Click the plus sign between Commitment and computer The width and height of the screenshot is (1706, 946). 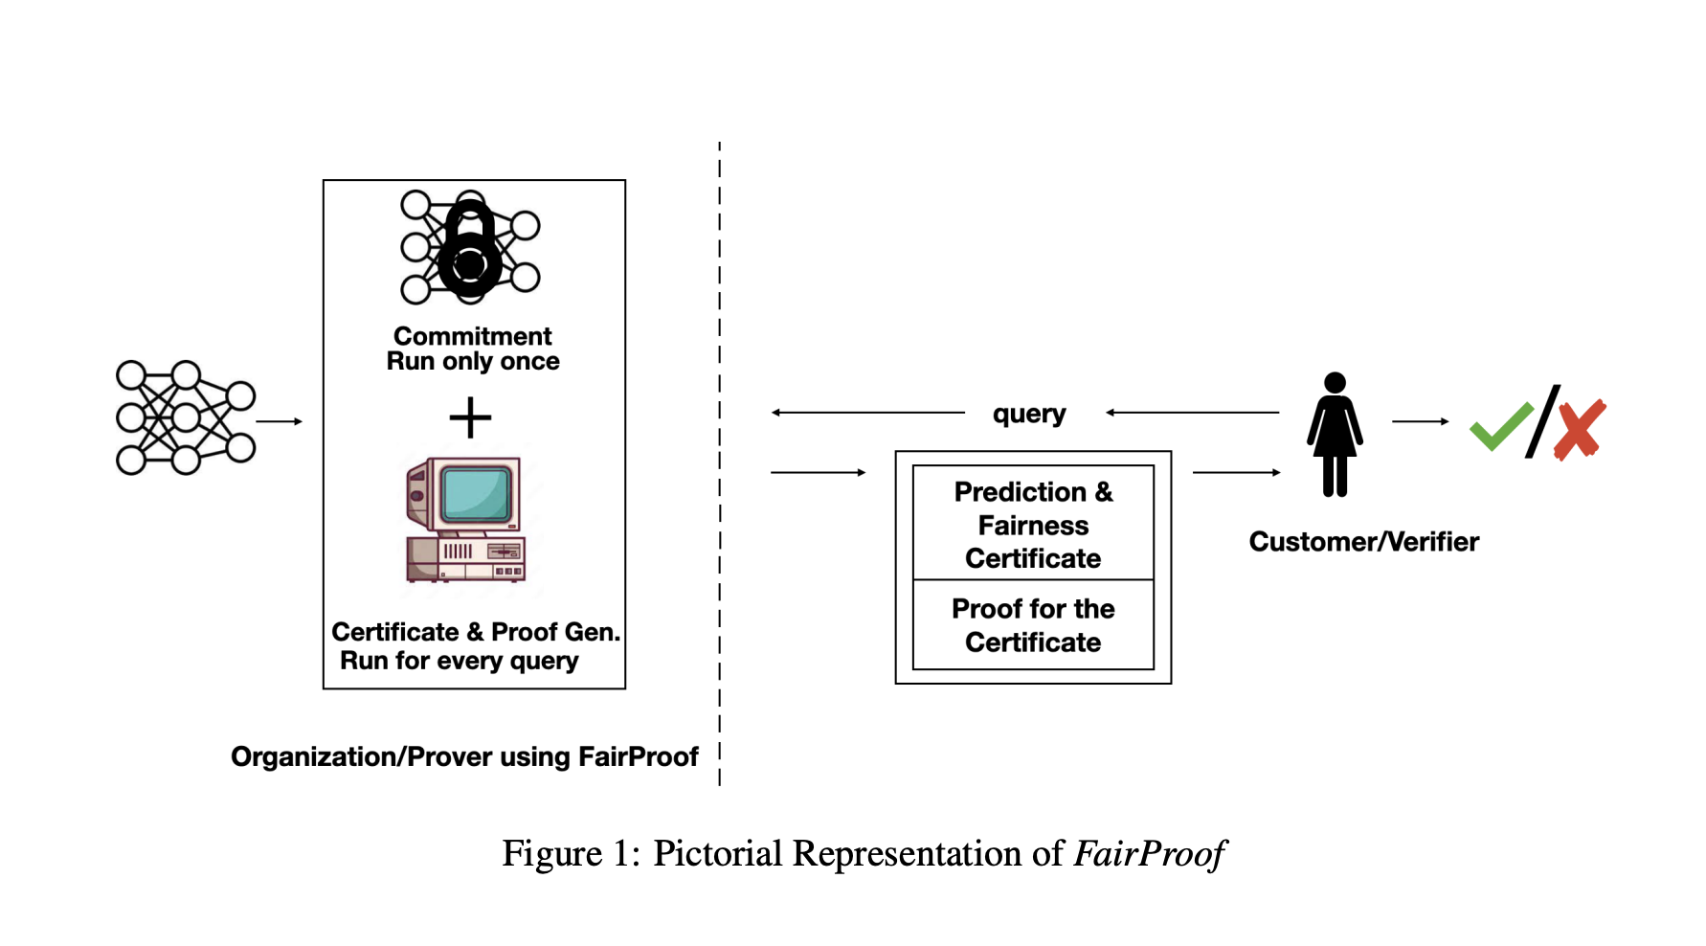470,417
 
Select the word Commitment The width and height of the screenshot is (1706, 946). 472,336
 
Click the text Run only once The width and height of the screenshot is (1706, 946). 473,362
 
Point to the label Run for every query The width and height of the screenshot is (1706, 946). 460,661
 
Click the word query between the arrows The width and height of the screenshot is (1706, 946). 1029,414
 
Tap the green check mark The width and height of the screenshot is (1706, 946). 1500,426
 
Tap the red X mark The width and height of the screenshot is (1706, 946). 1579,430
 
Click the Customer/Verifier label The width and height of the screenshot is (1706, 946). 1363,542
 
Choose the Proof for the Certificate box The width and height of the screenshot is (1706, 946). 1033,625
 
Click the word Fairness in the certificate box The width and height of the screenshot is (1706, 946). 1033,526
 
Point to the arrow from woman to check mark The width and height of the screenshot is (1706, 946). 1420,421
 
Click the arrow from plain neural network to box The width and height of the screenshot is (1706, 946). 280,421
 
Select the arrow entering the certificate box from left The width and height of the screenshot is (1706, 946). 818,472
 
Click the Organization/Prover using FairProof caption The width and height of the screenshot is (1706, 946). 464,756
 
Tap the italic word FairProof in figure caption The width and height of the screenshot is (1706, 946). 1149,854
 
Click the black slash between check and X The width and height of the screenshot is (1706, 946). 1543,421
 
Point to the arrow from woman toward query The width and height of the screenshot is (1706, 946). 1192,413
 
